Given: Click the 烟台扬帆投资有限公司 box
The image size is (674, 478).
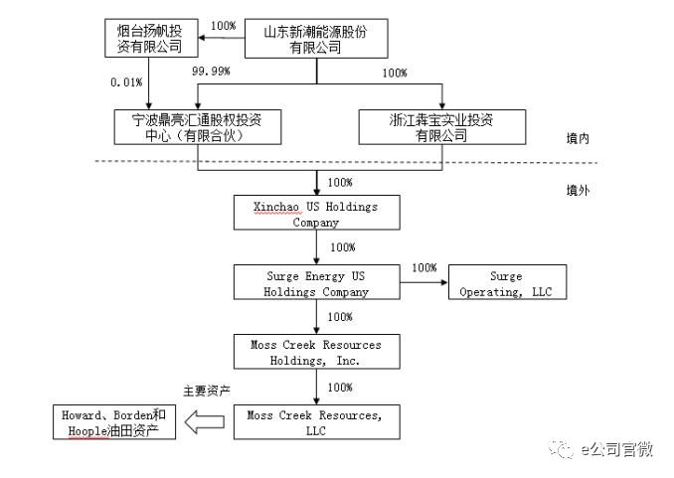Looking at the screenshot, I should (151, 39).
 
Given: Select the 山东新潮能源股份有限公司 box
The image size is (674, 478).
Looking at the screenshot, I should (315, 39).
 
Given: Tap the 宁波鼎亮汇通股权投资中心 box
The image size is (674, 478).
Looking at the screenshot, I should (198, 127).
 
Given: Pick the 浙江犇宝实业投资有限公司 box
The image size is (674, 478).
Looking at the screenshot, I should (441, 127).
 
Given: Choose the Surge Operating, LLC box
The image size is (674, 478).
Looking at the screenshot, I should (507, 283).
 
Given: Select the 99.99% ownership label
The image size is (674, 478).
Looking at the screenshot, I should (212, 73).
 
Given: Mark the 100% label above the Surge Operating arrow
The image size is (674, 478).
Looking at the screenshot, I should (424, 268).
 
